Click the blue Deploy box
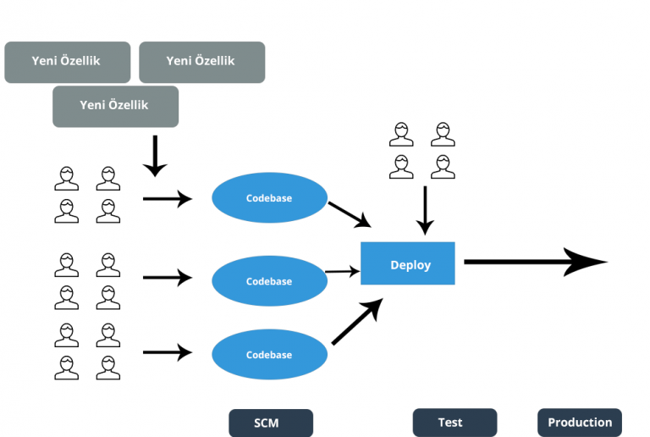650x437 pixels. point(408,263)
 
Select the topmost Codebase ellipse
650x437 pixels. point(269,198)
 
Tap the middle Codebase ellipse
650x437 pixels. point(269,281)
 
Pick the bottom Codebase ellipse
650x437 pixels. point(269,355)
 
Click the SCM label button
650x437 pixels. point(270,423)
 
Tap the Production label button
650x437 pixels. point(580,423)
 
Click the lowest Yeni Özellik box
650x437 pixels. point(115,106)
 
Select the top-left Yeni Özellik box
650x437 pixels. point(68,62)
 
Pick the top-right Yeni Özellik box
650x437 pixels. point(201,62)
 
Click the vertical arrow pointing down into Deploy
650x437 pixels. point(425,209)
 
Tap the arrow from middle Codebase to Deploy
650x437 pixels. point(342,272)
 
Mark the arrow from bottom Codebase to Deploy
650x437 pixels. point(356,322)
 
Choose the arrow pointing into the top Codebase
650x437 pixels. point(168,199)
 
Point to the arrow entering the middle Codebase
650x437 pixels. point(168,277)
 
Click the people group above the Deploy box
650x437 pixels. point(422,151)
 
